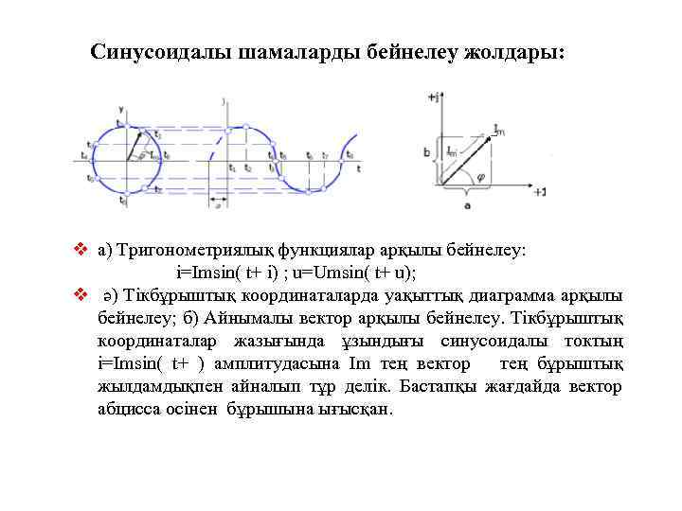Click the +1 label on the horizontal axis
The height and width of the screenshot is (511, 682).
pos(539,192)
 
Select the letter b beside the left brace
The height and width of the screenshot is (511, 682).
pos(427,151)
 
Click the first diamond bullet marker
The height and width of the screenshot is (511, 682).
pos(80,252)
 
